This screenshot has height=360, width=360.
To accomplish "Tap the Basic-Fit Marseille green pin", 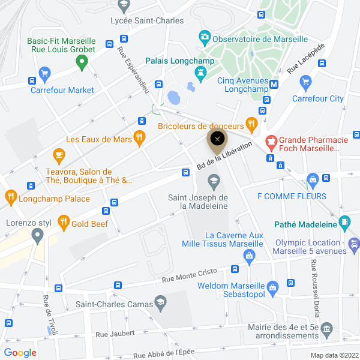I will pos(84,61).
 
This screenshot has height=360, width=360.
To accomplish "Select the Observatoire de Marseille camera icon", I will pos(205,38).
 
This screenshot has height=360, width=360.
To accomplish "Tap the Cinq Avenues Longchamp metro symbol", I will pos(274,84).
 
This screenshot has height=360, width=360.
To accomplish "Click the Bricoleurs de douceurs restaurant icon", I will pos(251,125).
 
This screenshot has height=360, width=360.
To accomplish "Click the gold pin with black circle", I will pos(217,139).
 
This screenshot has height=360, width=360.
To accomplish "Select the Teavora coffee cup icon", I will pos(59,156).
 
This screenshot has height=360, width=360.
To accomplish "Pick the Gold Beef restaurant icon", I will pos(64,223).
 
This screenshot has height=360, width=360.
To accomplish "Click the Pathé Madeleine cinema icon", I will pos(344,223).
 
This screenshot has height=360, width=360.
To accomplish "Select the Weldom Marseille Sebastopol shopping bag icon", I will pos(273,287).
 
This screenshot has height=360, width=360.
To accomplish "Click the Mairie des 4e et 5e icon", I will pos(326,328).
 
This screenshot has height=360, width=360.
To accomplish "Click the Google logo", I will pos(20,353).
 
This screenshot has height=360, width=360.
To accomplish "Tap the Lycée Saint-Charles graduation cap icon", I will pos(124,5).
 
